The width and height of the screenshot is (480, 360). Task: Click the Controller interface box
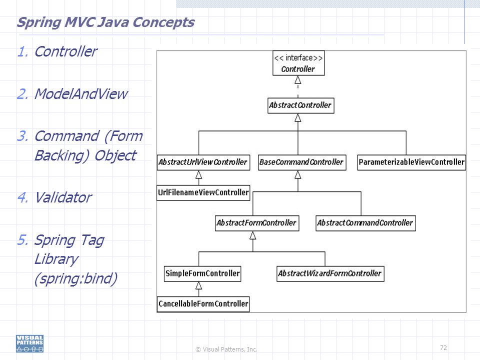pyautogui.click(x=298, y=63)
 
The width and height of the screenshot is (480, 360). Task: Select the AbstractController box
pyautogui.click(x=300, y=105)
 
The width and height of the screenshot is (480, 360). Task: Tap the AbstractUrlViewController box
pyautogui.click(x=203, y=162)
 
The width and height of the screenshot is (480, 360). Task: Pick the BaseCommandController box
pyautogui.click(x=302, y=162)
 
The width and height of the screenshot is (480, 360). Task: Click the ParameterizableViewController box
pyautogui.click(x=411, y=162)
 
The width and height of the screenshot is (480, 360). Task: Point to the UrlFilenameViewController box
pyautogui.click(x=203, y=193)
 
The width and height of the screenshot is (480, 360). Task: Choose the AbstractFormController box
pyautogui.click(x=257, y=223)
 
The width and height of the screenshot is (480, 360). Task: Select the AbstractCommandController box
pyautogui.click(x=365, y=223)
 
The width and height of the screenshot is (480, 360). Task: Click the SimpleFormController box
pyautogui.click(x=202, y=273)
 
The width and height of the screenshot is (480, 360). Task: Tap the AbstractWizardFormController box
pyautogui.click(x=330, y=273)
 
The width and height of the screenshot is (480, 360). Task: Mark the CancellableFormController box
pyautogui.click(x=203, y=304)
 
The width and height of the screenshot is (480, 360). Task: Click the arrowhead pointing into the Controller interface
pyautogui.click(x=298, y=80)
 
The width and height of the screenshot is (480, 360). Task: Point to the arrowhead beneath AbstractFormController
pyautogui.click(x=253, y=235)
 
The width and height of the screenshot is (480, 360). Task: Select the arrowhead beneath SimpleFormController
pyautogui.click(x=198, y=285)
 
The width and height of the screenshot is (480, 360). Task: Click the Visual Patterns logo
pyautogui.click(x=29, y=343)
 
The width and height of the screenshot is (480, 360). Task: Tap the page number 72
pyautogui.click(x=443, y=348)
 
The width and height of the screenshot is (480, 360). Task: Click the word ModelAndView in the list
pyautogui.click(x=81, y=93)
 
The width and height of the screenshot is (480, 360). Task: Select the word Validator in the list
pyautogui.click(x=63, y=197)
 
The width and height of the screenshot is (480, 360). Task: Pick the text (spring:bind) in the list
pyautogui.click(x=76, y=278)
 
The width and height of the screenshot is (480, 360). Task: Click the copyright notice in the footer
pyautogui.click(x=226, y=349)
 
